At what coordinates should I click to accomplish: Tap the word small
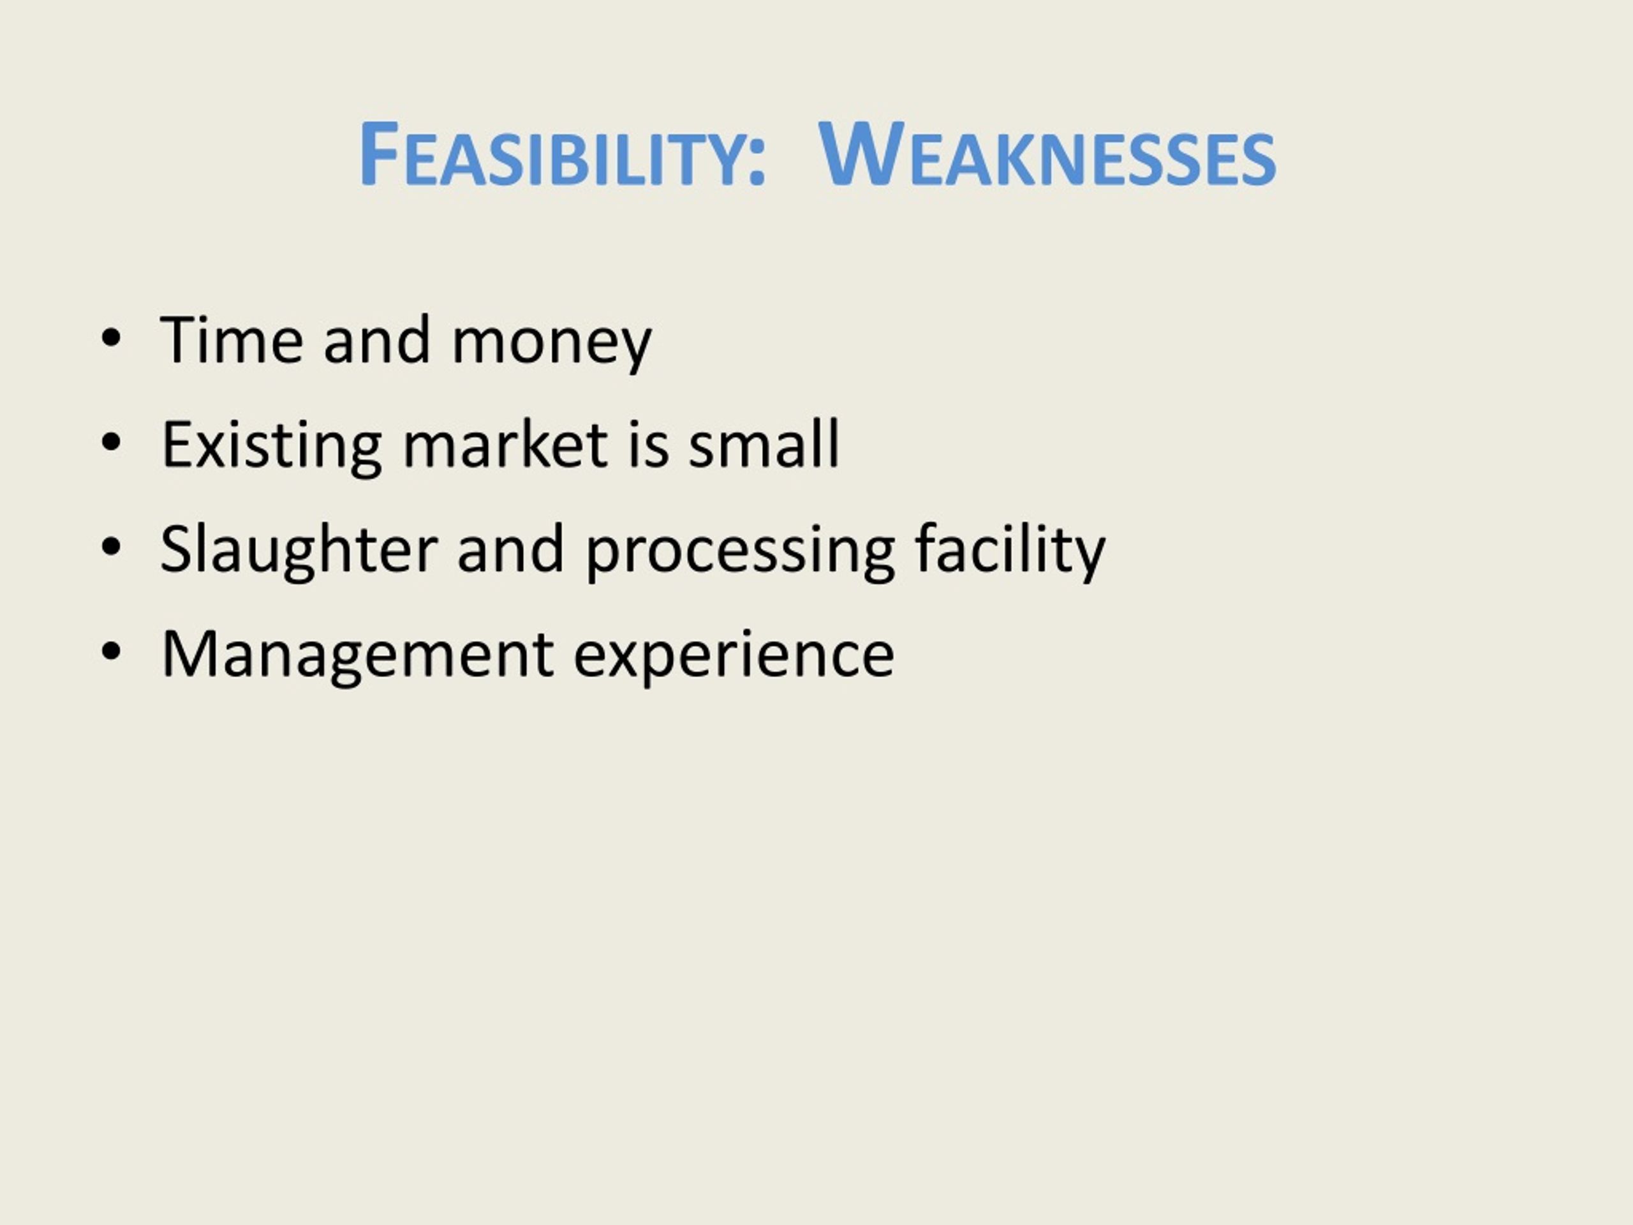coord(764,445)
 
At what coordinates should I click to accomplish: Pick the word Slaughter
coord(299,551)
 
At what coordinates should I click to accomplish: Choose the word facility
coord(1010,551)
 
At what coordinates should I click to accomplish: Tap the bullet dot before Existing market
coord(111,444)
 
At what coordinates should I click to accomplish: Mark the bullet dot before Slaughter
coord(111,549)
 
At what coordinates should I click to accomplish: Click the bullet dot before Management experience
coord(111,653)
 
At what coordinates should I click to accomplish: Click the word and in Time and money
coord(376,341)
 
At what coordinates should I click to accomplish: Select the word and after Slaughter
coord(511,550)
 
